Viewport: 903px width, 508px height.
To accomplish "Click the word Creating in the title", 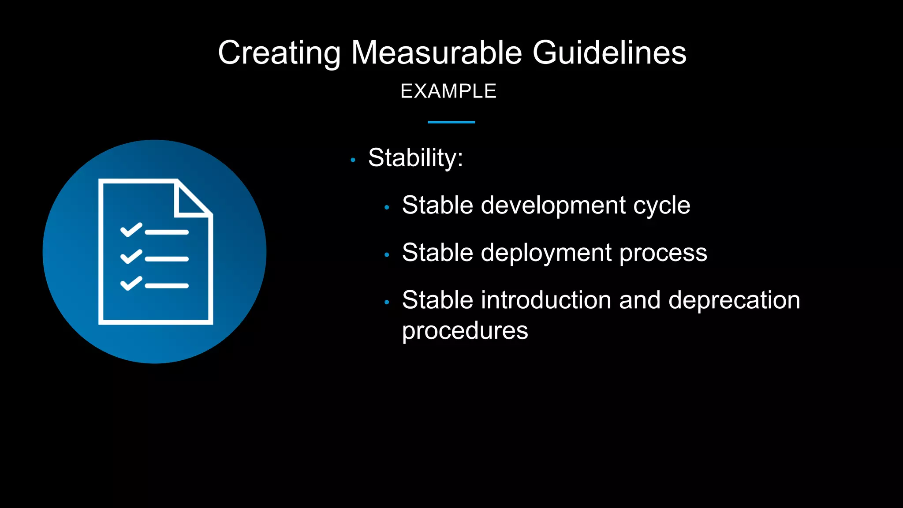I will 279,53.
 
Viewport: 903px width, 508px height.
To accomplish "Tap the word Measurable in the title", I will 437,53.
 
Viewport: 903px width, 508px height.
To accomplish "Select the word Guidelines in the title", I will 609,53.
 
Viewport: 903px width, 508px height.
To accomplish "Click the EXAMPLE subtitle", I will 448,91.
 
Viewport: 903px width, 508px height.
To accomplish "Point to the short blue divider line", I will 451,122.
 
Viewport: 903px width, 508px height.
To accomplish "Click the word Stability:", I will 415,158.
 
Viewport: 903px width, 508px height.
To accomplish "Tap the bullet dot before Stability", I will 353,160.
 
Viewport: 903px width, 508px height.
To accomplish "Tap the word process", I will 663,253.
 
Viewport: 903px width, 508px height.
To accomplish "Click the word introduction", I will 546,300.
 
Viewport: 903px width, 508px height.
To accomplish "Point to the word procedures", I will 465,331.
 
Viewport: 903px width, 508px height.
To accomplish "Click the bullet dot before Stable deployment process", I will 387,255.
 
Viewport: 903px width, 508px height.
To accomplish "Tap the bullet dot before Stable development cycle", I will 387,207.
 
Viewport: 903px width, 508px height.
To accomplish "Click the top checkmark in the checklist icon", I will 131,230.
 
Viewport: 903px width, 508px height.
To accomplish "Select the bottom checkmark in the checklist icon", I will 131,284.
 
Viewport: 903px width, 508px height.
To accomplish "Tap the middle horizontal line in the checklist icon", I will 167,259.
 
